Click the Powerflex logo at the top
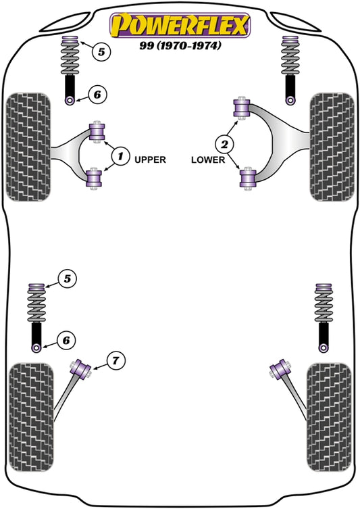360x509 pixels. point(180,24)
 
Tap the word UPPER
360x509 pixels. point(150,160)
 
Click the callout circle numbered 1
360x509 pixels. point(120,157)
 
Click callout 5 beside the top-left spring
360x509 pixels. point(100,51)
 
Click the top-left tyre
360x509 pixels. point(28,148)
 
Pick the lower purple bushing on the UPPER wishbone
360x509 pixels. point(96,179)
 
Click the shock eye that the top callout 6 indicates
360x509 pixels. point(70,100)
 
